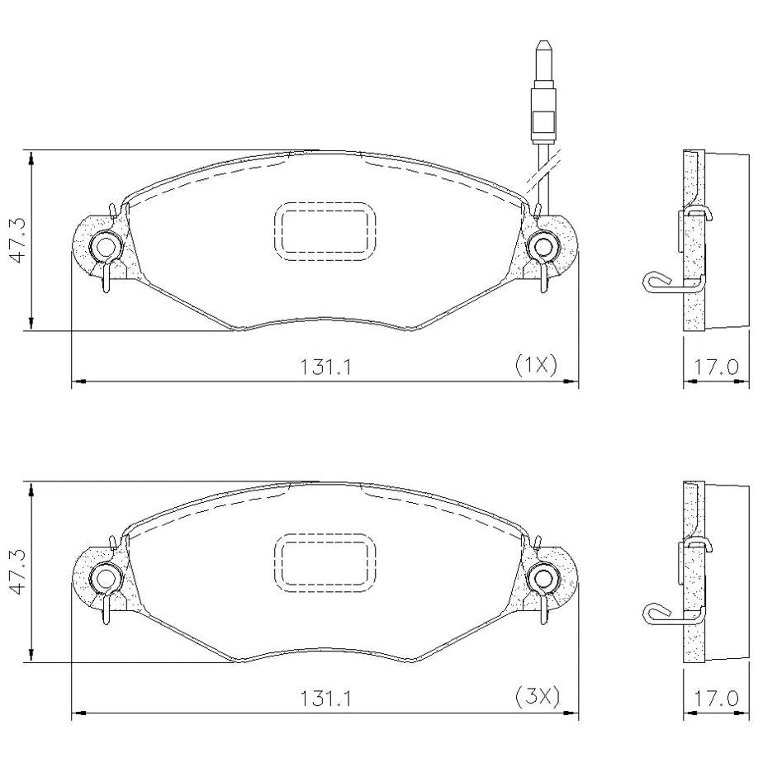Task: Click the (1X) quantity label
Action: click(536, 365)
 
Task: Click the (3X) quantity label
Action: click(538, 697)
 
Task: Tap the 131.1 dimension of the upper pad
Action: click(325, 367)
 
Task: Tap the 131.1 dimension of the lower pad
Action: click(325, 699)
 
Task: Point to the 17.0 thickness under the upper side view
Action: click(715, 367)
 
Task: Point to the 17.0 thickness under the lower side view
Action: click(715, 699)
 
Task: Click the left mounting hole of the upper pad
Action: click(105, 247)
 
